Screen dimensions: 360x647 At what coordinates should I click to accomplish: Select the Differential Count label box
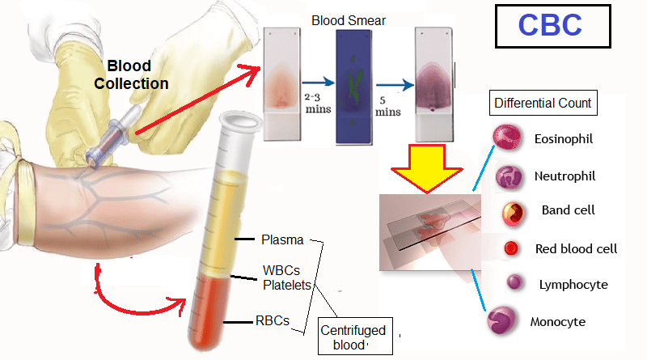click(543, 104)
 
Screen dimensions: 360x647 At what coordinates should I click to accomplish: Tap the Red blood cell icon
click(511, 248)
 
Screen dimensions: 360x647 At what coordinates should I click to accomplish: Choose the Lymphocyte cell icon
click(513, 283)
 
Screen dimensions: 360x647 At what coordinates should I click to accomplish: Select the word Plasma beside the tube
click(282, 239)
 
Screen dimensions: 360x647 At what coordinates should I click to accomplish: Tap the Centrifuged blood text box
click(353, 337)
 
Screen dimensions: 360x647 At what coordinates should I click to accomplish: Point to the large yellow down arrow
click(426, 167)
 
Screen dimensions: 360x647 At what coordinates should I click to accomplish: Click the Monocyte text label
click(557, 322)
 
